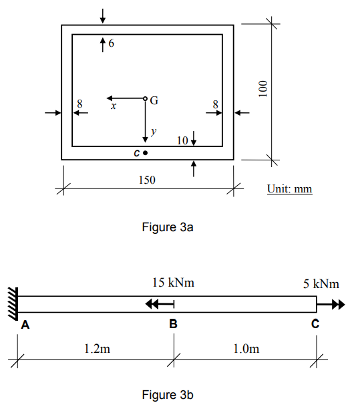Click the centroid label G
(154, 101)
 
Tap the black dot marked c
(145, 152)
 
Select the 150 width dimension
(147, 180)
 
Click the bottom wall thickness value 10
(182, 140)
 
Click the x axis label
(114, 106)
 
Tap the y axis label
(153, 132)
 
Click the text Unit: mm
(289, 189)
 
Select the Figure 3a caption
(168, 227)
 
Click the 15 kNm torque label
(173, 283)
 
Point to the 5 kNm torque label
(321, 284)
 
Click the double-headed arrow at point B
(159, 304)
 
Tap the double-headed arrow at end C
(331, 304)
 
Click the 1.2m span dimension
(97, 348)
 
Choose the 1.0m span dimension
(245, 348)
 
